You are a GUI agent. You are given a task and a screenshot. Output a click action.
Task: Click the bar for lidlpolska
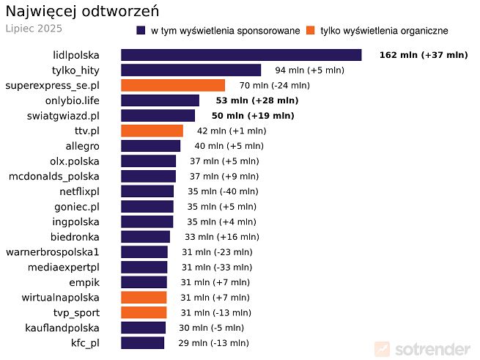[241, 55]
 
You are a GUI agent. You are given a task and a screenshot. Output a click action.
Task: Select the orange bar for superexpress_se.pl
[173, 85]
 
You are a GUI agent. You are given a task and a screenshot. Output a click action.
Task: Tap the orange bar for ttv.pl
[152, 131]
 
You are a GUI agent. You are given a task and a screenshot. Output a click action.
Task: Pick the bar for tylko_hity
[191, 70]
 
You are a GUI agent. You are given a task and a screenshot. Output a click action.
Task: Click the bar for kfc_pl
[142, 343]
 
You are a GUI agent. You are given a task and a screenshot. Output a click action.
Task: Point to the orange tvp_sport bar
[144, 312]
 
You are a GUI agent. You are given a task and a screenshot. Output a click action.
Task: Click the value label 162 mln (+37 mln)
[423, 55]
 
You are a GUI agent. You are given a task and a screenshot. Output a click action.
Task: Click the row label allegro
[82, 146]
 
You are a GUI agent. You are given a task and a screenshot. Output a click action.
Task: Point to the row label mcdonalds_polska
[53, 176]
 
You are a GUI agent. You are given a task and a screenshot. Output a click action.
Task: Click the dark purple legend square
[141, 30]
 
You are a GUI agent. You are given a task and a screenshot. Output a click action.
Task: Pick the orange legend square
[311, 30]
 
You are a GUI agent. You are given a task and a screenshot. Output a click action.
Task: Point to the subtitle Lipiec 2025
[34, 29]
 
